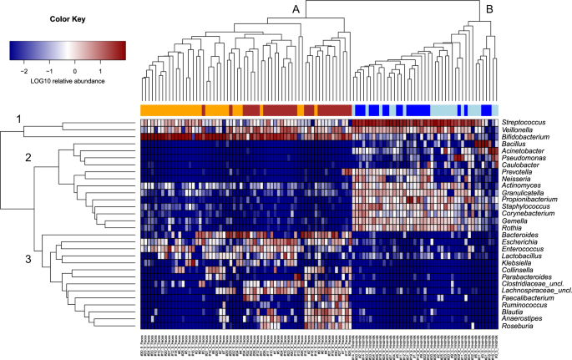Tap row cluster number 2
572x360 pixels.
pos(28,158)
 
